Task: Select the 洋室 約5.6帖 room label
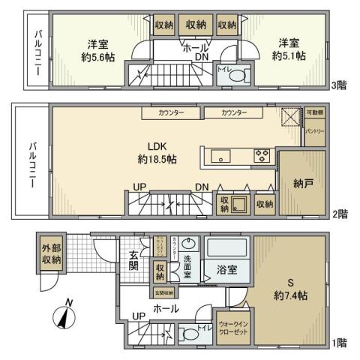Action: (x=96, y=49)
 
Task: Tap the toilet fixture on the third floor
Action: (x=236, y=75)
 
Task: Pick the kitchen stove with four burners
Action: (x=262, y=156)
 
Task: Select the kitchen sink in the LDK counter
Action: (x=220, y=156)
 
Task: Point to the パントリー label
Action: (x=315, y=131)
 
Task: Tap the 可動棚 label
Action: (x=315, y=113)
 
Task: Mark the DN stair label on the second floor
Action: (x=201, y=187)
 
